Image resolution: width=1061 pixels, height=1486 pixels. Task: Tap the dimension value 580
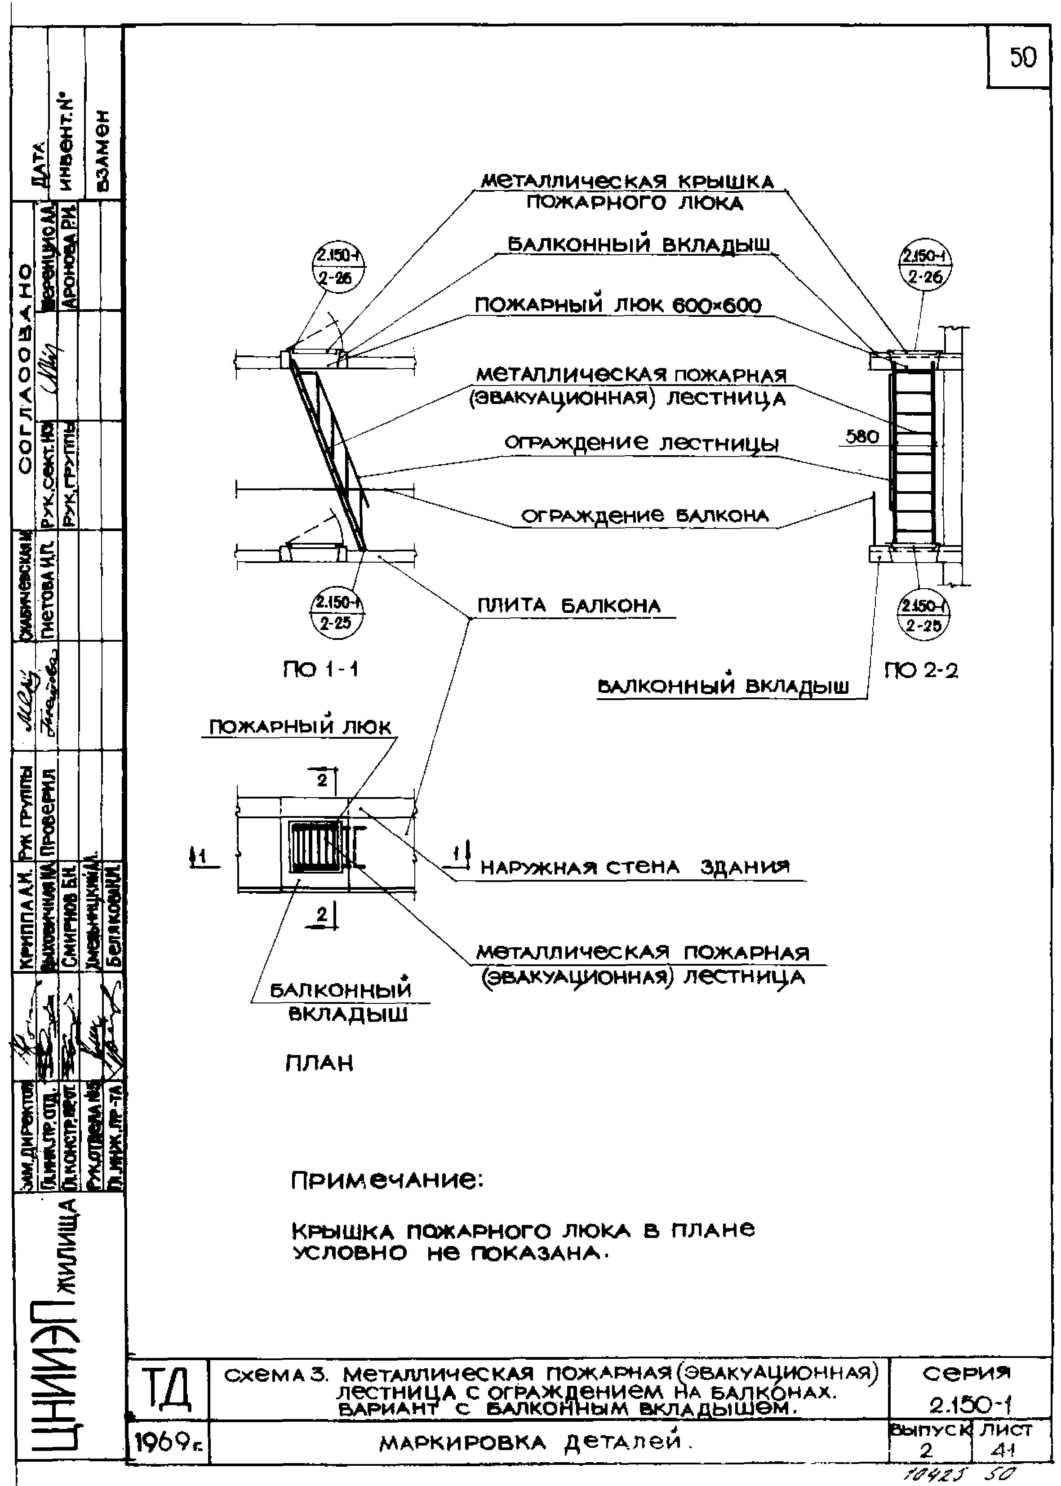(x=862, y=436)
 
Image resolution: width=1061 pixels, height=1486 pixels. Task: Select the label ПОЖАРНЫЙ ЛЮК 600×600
(x=617, y=306)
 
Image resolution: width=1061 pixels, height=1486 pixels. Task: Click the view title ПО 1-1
(x=320, y=670)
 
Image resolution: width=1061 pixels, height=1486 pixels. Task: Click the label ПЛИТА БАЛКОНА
(x=569, y=606)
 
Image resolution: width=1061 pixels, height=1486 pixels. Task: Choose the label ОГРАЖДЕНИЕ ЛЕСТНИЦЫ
(x=642, y=444)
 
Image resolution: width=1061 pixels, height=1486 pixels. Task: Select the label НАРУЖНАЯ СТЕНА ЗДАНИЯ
(x=635, y=867)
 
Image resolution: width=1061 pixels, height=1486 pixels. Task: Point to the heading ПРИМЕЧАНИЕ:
(x=387, y=1180)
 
